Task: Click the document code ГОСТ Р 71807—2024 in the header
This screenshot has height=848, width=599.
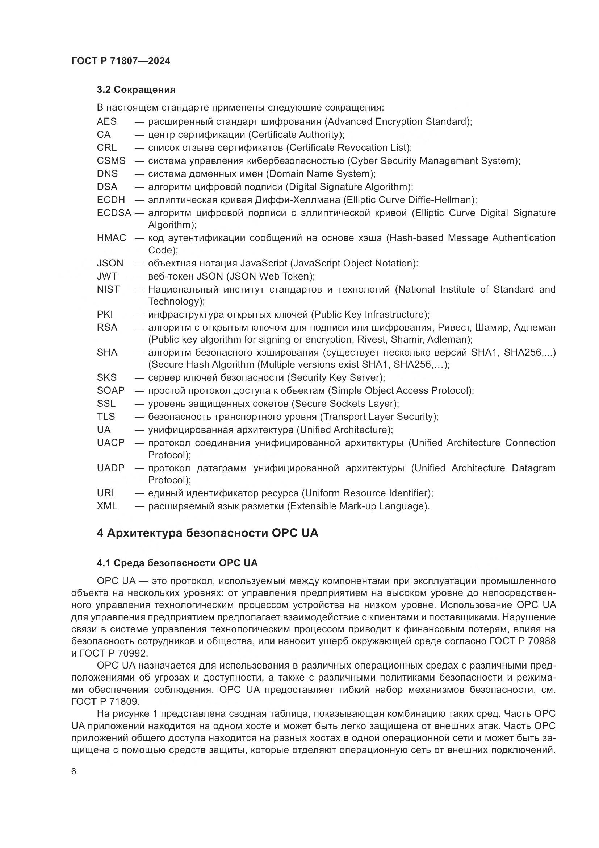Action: tap(121, 61)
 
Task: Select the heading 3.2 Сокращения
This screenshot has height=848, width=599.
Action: tap(136, 90)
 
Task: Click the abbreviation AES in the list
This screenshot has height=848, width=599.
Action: tap(106, 121)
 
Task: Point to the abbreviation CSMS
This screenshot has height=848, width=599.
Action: tap(111, 161)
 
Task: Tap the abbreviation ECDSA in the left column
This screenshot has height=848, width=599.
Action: tap(114, 213)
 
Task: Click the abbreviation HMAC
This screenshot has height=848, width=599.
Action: tap(112, 238)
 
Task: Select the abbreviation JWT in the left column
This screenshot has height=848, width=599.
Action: tap(107, 276)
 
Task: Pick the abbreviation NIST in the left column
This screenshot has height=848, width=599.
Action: tap(108, 289)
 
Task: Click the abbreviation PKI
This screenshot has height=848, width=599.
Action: tap(105, 314)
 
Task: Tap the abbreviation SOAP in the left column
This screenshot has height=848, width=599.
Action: tap(111, 390)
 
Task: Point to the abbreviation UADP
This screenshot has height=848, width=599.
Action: tap(111, 468)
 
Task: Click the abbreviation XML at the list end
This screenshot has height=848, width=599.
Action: tap(107, 506)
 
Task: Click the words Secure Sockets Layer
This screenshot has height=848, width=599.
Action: tap(345, 403)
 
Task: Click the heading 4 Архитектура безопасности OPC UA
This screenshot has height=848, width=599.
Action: tap(207, 533)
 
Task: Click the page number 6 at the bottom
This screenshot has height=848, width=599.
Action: tap(74, 772)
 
